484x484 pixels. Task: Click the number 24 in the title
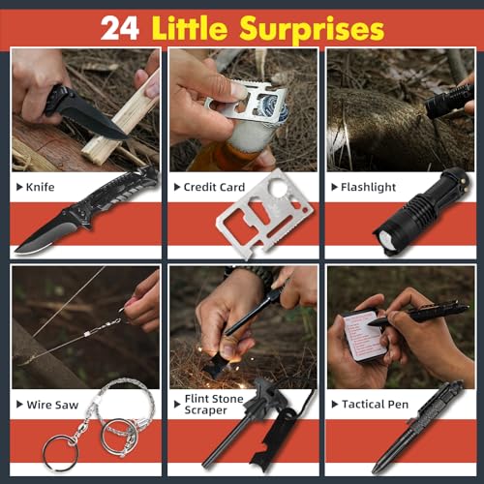pyautogui.click(x=120, y=27)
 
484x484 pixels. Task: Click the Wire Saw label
pyautogui.click(x=53, y=403)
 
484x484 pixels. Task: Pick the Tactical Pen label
pyautogui.click(x=374, y=403)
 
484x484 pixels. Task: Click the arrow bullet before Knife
pyautogui.click(x=21, y=186)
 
